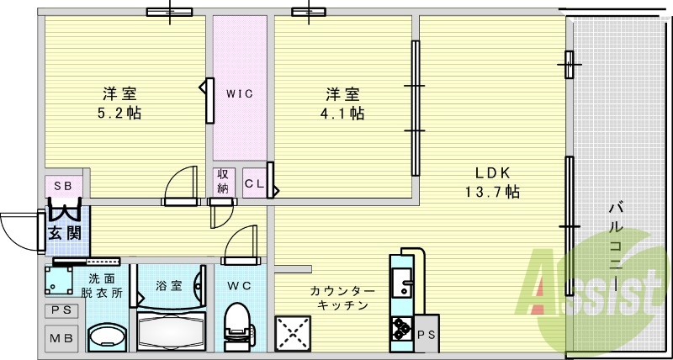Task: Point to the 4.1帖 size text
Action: point(345,113)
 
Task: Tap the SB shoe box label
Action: point(63,185)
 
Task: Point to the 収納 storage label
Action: point(223,182)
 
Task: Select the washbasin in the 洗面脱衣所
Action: point(105,337)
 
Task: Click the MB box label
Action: point(63,338)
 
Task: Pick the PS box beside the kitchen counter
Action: point(427,334)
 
